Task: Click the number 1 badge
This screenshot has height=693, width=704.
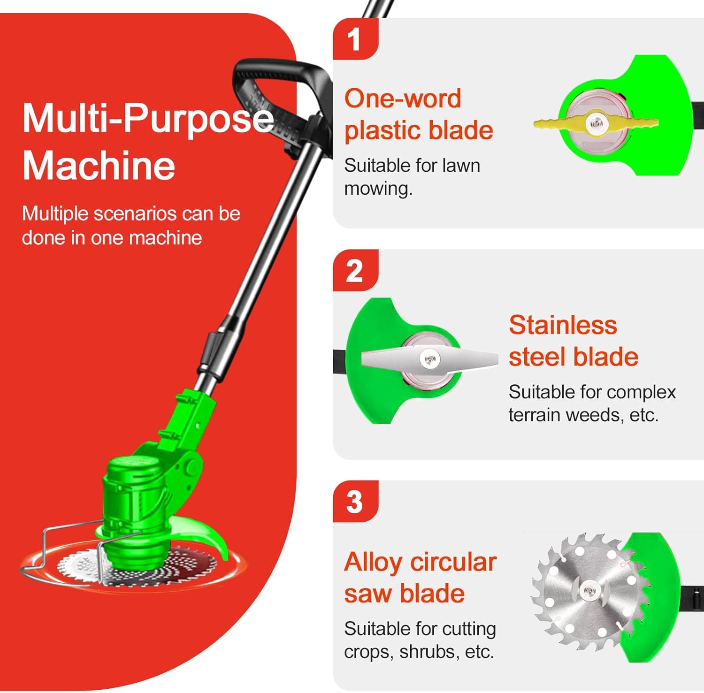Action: tap(355, 39)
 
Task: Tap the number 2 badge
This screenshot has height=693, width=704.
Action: tap(355, 271)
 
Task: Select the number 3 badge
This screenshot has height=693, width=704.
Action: tap(355, 502)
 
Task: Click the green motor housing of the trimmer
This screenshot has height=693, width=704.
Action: tap(136, 497)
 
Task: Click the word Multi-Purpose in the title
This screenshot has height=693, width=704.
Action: tap(148, 118)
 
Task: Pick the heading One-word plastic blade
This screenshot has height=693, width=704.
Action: tap(418, 114)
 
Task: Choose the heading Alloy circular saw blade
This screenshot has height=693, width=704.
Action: tap(420, 578)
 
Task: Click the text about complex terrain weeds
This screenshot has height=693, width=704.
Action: tap(592, 404)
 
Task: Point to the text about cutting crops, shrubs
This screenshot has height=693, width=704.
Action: tap(420, 640)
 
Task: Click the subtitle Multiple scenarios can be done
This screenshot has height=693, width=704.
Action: tap(131, 226)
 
